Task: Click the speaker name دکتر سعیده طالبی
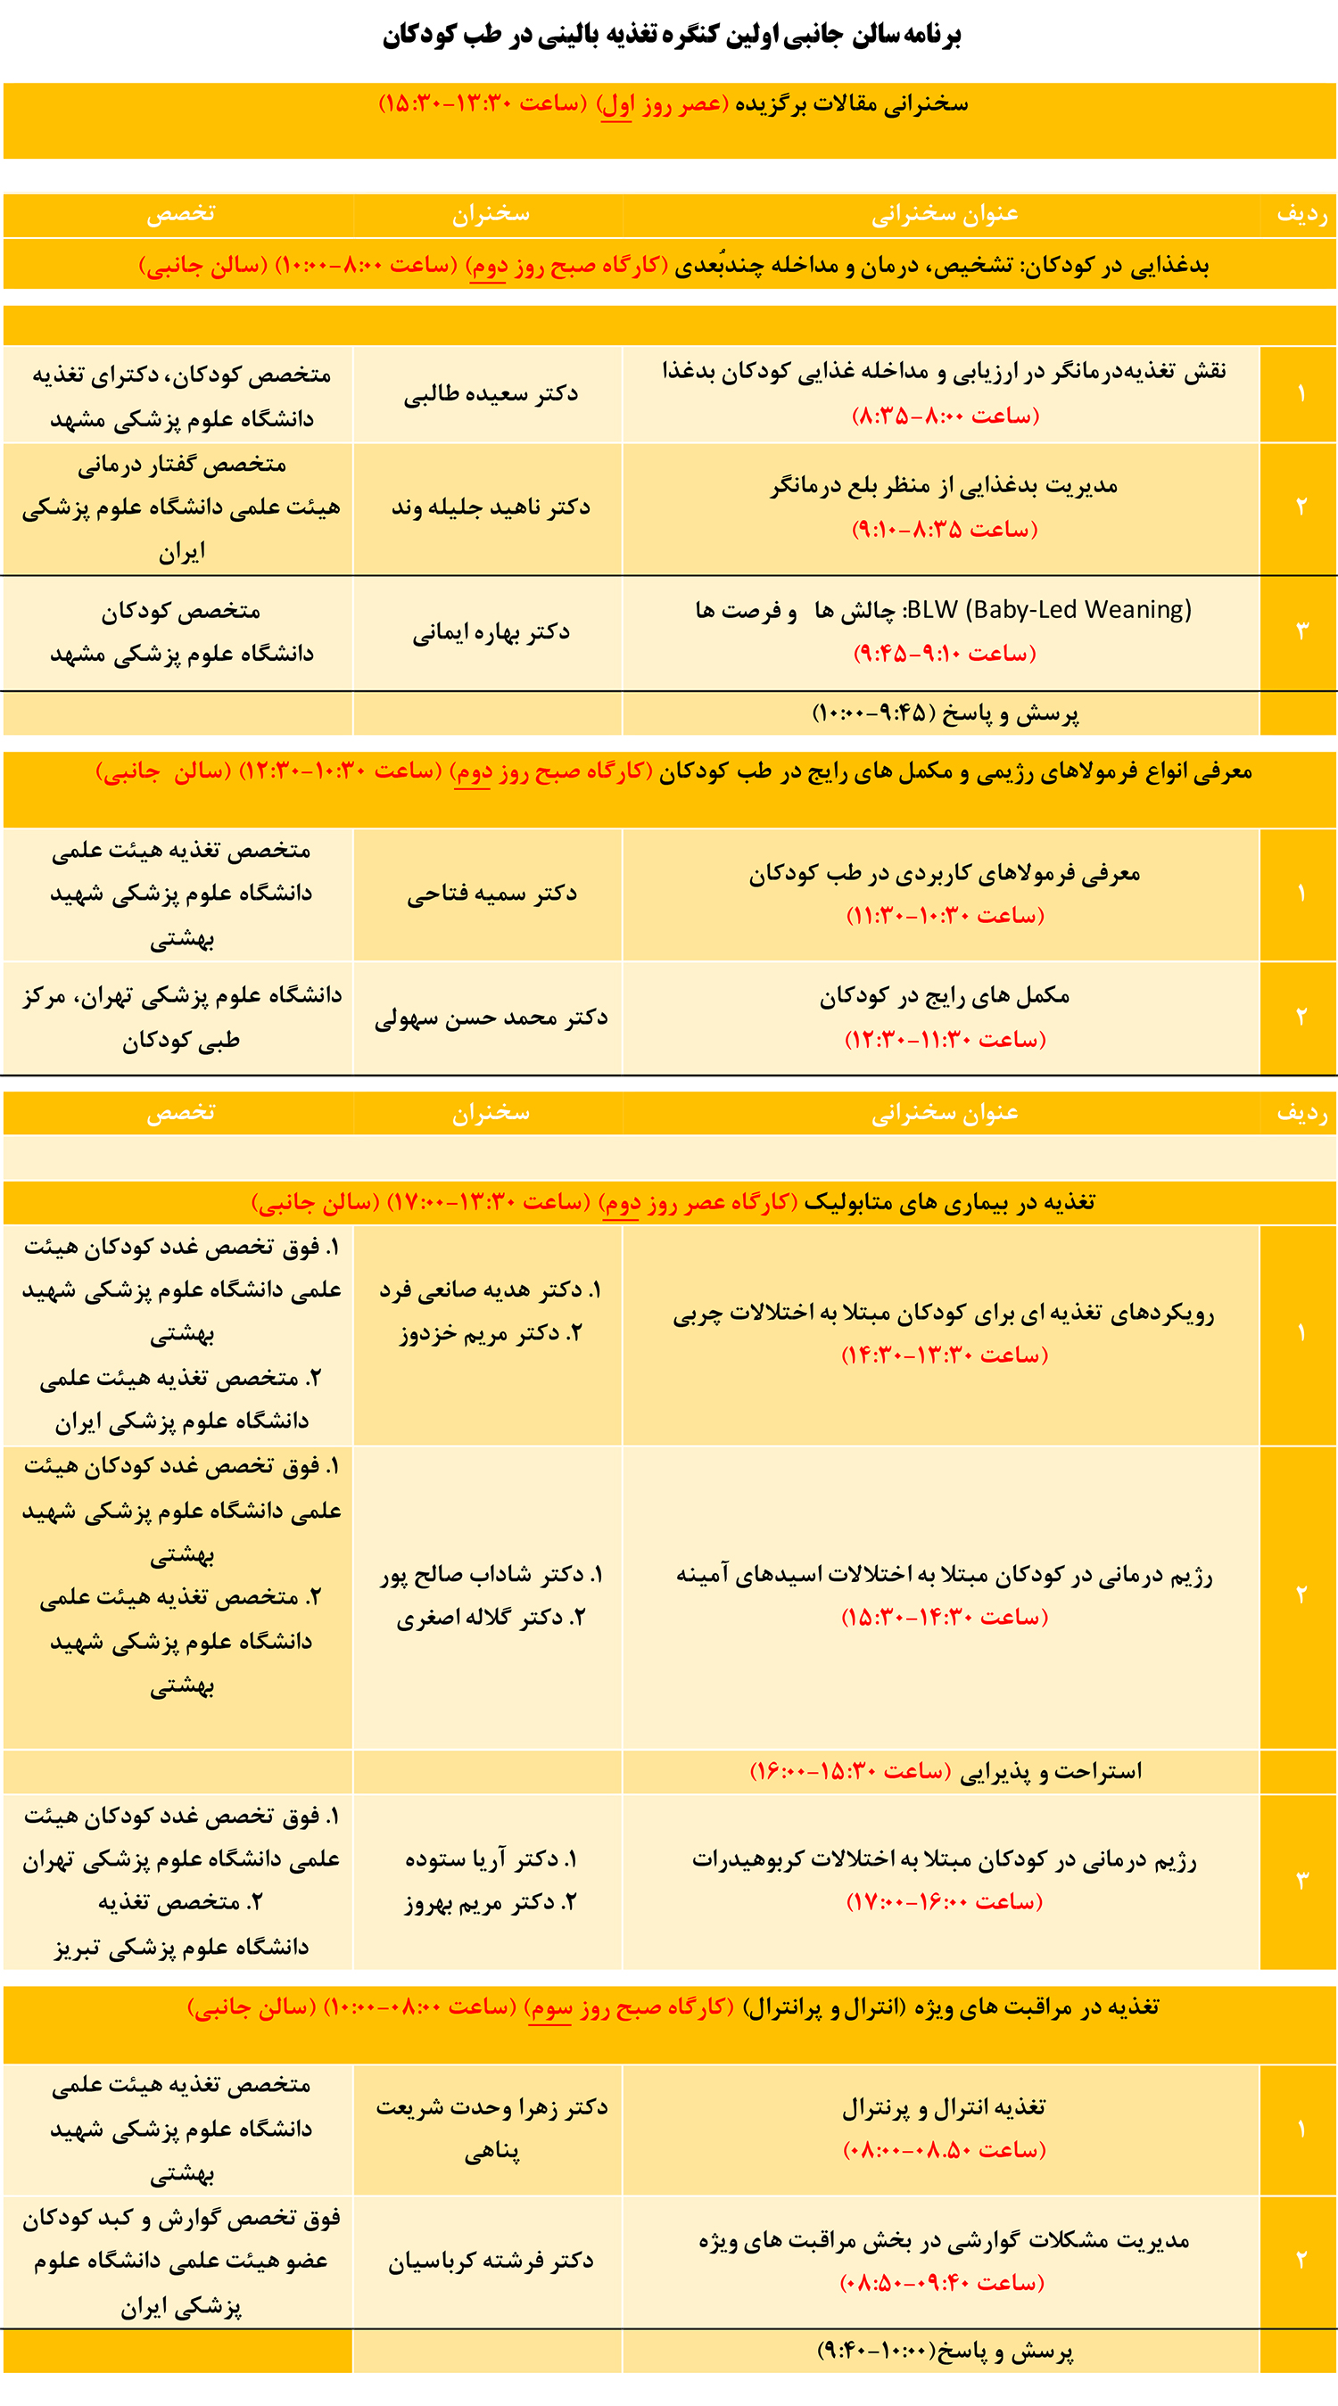tap(491, 394)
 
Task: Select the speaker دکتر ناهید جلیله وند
tap(491, 507)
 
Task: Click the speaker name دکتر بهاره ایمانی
tap(491, 632)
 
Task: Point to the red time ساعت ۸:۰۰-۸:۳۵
tap(945, 416)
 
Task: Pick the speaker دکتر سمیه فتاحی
tap(491, 894)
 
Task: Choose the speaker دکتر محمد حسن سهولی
tap(491, 1018)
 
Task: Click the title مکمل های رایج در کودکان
tap(944, 997)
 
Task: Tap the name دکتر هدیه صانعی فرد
tap(491, 1290)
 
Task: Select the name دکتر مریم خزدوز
tap(491, 1333)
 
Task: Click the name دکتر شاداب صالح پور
tap(491, 1575)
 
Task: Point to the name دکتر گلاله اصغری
tap(491, 1618)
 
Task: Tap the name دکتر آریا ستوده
tap(491, 1859)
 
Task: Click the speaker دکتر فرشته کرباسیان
tap(491, 2261)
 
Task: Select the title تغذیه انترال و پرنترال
tap(944, 2108)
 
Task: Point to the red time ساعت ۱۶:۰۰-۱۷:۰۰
tap(944, 1901)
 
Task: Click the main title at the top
tap(671, 36)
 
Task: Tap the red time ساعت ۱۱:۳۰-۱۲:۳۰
tap(945, 1040)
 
